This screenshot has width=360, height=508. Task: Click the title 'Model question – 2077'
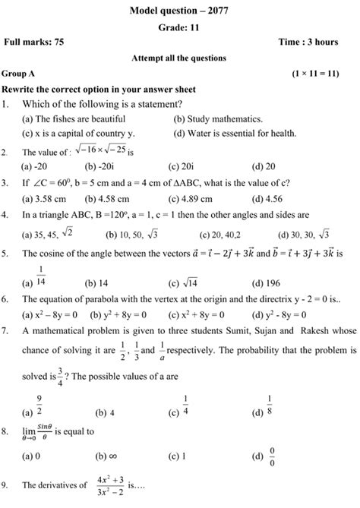[180, 9]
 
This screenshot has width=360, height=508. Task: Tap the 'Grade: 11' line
[180, 27]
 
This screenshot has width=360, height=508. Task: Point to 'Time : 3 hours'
[321, 43]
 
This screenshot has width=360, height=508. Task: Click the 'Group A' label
[21, 75]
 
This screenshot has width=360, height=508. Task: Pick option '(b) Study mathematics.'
[218, 119]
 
